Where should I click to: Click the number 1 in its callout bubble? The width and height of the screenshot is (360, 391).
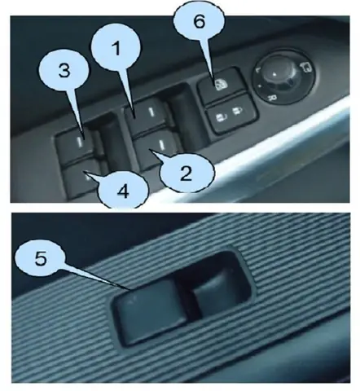pos(116,48)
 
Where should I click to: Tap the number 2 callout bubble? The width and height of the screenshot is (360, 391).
pos(187,173)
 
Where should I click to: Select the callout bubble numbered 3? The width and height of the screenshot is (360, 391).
pos(64,71)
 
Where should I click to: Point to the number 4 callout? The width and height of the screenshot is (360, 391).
pos(123,191)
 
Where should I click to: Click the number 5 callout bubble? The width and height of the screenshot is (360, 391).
pos(41,258)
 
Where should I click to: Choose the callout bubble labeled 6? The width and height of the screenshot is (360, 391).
pos(200,22)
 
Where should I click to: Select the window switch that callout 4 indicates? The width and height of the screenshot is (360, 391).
pos(83,178)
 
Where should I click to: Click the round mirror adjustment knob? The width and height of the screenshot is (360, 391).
pos(283,77)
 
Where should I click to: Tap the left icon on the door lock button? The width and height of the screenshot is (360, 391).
pos(220,118)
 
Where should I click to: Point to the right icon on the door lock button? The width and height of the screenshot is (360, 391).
pos(237,111)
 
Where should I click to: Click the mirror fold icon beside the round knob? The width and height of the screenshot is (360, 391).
pos(306,67)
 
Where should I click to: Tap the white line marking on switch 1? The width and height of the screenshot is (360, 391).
pos(151,112)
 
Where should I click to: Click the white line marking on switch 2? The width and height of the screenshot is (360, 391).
pos(162,144)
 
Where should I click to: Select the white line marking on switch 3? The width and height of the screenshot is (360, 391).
pos(80,142)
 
